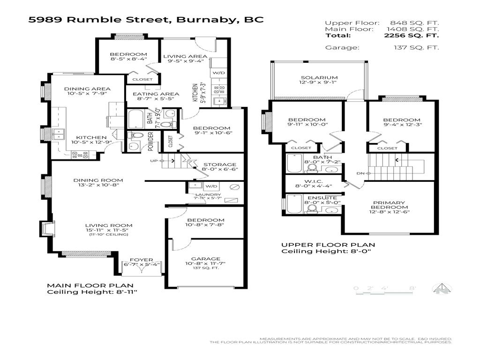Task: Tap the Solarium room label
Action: (x=319, y=78)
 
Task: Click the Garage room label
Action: (x=206, y=259)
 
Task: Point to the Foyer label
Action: (x=141, y=258)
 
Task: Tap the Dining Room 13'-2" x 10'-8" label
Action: (x=98, y=180)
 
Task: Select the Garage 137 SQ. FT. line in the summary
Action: (x=382, y=47)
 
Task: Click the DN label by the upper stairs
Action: (x=360, y=173)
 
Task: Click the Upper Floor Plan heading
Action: (x=328, y=245)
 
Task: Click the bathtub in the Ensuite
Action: (x=294, y=204)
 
